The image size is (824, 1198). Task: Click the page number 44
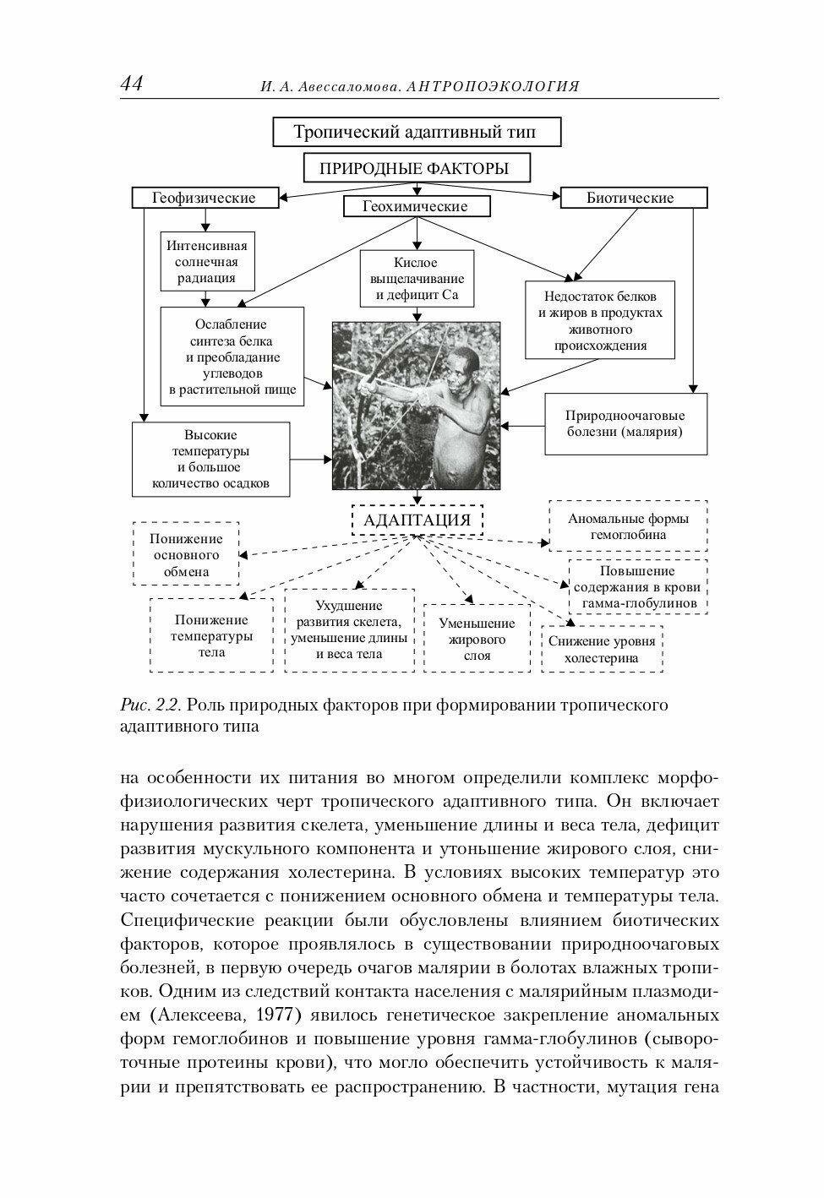click(132, 84)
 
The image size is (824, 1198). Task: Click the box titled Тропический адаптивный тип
click(414, 132)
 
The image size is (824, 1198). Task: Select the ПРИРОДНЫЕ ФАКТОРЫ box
click(414, 168)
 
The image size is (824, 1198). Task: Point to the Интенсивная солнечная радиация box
click(207, 262)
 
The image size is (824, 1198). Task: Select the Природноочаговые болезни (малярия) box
click(625, 423)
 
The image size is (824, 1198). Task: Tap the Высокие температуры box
click(210, 459)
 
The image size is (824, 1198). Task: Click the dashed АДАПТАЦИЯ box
click(417, 520)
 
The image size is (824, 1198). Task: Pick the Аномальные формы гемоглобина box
click(628, 525)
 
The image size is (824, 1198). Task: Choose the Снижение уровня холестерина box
click(602, 649)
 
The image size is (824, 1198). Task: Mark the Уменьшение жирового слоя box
click(477, 639)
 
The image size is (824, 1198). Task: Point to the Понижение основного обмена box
click(186, 554)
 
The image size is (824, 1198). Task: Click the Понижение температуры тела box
click(211, 635)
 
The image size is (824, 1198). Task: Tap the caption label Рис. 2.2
click(149, 705)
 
